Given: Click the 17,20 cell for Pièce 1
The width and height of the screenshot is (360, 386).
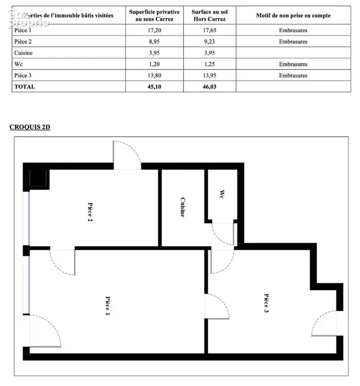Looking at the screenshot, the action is click(x=154, y=30).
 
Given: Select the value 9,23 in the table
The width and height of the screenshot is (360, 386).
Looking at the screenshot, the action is click(x=209, y=41).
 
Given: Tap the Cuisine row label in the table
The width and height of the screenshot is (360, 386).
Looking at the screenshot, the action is click(x=23, y=53).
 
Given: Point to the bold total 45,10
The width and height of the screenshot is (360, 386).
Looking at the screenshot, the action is click(x=154, y=87).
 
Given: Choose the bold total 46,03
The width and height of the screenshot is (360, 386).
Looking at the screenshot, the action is click(x=209, y=87).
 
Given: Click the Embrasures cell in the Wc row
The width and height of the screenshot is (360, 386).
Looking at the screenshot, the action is click(x=293, y=64).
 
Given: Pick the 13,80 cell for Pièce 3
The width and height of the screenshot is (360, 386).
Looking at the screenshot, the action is click(x=154, y=76).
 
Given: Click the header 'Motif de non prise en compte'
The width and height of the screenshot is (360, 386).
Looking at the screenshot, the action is click(x=293, y=15).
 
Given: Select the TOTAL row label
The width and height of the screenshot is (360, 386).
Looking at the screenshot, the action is click(x=25, y=87).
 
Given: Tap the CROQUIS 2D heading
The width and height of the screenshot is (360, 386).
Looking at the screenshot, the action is click(x=30, y=127).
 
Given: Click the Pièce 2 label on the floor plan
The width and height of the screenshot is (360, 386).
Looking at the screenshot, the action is click(x=90, y=212).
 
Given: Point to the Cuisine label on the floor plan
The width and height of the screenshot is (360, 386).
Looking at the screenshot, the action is click(x=183, y=207).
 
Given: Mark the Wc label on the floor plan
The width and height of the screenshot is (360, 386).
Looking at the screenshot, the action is click(x=222, y=194).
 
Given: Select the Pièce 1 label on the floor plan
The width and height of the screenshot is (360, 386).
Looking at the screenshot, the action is click(x=108, y=306).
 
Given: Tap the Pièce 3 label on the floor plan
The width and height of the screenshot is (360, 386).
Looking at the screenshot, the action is click(x=266, y=303).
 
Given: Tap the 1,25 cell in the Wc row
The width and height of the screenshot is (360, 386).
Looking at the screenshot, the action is click(x=209, y=64).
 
